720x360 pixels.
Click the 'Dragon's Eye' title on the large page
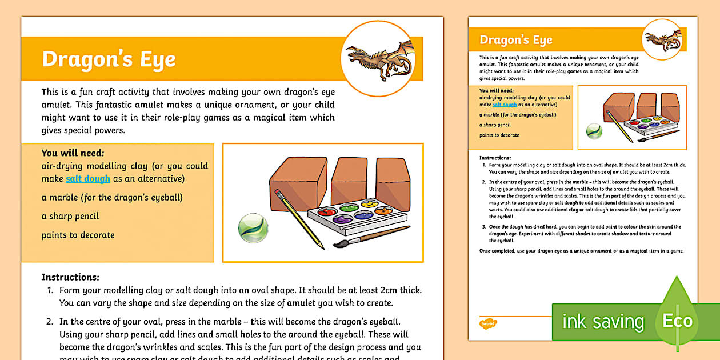(x=109, y=59)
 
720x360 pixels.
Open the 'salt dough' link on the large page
(x=88, y=179)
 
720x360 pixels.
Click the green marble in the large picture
(x=253, y=227)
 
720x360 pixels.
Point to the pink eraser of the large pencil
(x=278, y=193)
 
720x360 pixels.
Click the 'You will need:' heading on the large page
(x=73, y=153)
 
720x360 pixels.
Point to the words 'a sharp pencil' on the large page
(x=70, y=216)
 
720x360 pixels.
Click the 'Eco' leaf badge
(x=677, y=321)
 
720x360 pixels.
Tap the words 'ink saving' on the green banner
(x=603, y=322)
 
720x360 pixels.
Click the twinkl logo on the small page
(x=488, y=323)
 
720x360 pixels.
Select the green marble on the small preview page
(x=594, y=131)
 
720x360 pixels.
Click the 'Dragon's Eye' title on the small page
(x=515, y=40)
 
